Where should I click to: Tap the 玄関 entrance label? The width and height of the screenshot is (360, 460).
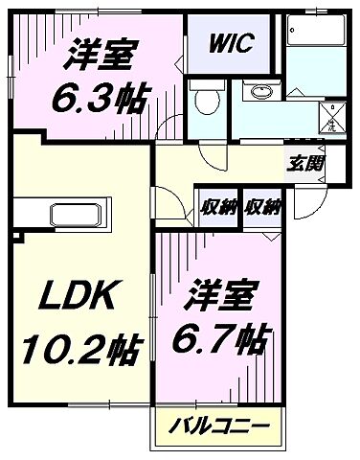304,162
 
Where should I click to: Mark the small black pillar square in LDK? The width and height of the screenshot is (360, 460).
18,234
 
